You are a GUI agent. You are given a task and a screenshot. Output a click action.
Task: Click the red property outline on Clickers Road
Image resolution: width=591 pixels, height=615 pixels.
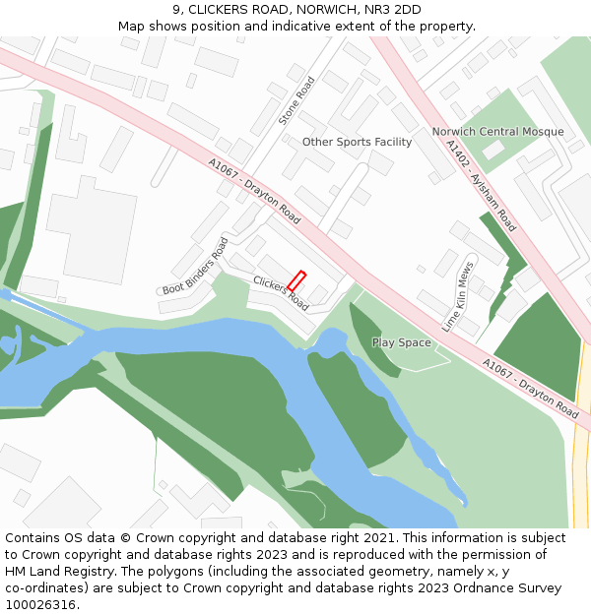coord(296,281)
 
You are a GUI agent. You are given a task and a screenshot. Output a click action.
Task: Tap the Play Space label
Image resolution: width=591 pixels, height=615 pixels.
coord(401,342)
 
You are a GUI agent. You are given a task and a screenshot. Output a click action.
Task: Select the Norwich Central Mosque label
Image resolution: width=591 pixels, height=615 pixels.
coord(497,132)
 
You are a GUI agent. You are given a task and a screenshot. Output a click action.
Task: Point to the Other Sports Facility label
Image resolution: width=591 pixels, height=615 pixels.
coord(357,142)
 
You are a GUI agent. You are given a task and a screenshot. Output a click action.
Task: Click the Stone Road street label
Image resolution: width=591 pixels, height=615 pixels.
coord(295,101)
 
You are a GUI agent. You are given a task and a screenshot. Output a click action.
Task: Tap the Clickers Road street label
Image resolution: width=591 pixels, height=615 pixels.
coord(281,293)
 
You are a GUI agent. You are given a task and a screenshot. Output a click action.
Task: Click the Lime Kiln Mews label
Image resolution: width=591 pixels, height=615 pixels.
coord(458,296)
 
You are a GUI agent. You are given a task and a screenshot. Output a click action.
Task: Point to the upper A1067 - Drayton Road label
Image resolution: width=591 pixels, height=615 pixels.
coord(254,190)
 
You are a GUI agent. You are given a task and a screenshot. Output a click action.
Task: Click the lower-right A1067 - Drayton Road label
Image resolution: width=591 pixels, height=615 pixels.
coord(530,388)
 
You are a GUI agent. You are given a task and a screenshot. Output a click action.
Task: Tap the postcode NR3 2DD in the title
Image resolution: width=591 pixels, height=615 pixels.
coord(393,10)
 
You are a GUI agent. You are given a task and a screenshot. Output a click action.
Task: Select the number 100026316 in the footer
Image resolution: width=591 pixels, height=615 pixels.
coord(41,605)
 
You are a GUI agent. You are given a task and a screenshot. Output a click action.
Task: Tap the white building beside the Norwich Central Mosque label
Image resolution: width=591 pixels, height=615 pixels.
coord(492,151)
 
